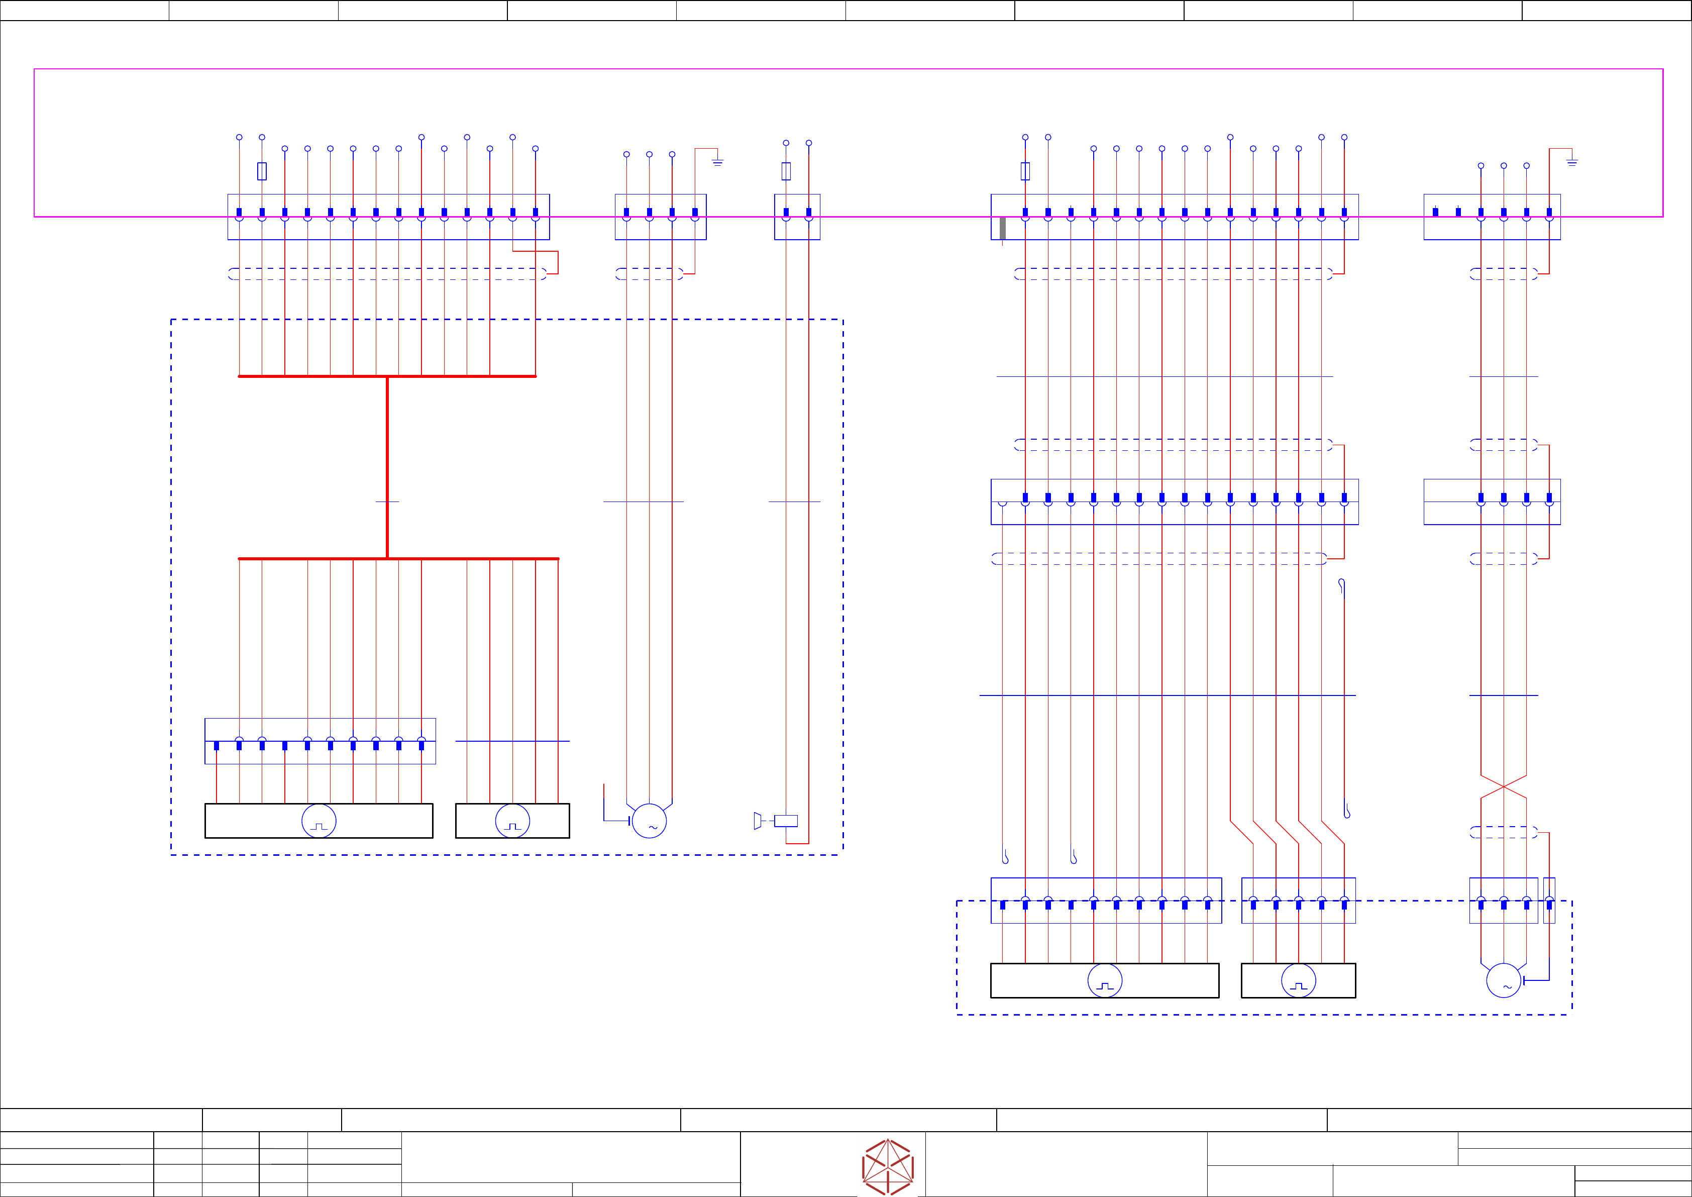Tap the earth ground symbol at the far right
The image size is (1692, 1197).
click(1572, 161)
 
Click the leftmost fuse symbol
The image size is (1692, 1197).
click(262, 171)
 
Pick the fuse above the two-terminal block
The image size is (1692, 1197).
click(786, 171)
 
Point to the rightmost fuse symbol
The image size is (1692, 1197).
click(1025, 171)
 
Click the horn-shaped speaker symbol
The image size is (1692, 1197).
click(758, 820)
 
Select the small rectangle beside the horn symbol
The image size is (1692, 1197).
click(786, 820)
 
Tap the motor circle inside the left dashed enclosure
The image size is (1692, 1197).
click(649, 820)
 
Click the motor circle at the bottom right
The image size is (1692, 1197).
click(1503, 980)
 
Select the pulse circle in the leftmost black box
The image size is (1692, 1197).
click(319, 820)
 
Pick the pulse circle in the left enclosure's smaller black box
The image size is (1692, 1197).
click(512, 820)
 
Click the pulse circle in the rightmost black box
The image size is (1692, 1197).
click(1299, 980)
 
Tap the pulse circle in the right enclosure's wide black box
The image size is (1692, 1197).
click(1105, 980)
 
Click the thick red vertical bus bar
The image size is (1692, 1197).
click(388, 467)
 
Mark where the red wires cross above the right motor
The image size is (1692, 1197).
click(1503, 787)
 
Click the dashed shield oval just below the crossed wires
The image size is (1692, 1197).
click(1503, 832)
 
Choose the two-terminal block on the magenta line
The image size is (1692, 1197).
click(797, 217)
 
